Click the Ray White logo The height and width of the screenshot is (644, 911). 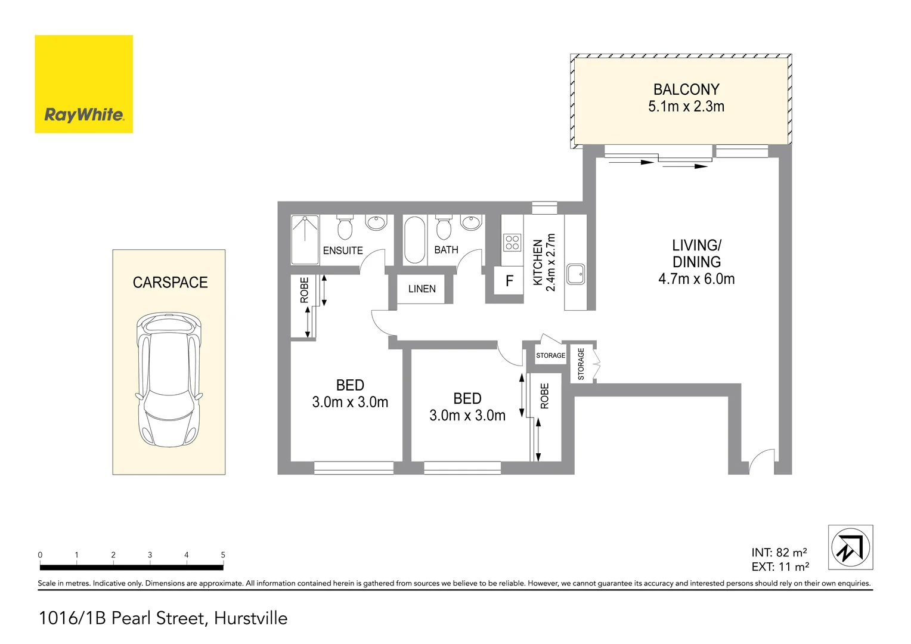83,84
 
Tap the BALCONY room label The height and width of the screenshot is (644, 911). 686,89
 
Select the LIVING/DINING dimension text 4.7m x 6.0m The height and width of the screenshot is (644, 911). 696,279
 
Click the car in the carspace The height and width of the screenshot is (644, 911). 169,379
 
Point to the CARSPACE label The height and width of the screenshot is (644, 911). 170,283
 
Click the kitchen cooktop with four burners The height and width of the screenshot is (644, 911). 512,242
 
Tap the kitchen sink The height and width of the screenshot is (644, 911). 575,274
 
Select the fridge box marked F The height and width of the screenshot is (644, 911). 509,281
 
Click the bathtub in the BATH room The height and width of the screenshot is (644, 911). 414,240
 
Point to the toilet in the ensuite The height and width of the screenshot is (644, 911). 345,227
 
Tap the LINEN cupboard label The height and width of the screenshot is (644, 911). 422,289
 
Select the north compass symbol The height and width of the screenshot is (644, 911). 850,547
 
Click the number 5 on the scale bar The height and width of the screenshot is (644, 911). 223,555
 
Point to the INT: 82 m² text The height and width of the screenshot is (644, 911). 779,553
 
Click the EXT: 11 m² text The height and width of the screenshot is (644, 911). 780,567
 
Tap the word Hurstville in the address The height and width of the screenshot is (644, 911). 250,618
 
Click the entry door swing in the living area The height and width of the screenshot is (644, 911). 762,462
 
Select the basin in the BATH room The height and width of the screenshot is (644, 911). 471,223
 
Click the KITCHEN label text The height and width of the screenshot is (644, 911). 538,262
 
